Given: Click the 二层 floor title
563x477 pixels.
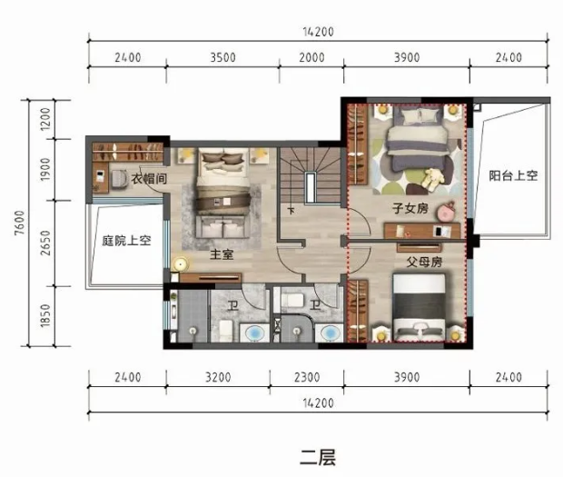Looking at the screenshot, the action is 318,458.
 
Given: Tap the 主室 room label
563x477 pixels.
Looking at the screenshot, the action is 222,254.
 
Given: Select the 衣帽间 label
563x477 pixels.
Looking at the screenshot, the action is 149,178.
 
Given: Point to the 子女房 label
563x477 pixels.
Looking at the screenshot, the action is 410,208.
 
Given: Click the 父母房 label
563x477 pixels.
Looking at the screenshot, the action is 424,262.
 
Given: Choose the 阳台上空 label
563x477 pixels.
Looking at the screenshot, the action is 513,175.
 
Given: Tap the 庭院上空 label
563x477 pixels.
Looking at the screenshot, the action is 126,240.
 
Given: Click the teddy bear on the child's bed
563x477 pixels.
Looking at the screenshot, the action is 432,178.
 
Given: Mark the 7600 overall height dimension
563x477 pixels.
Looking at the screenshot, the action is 20,224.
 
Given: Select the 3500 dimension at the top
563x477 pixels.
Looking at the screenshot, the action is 222,57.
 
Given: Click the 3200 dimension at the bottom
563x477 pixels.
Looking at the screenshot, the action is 218,377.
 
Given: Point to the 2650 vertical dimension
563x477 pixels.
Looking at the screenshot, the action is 45,243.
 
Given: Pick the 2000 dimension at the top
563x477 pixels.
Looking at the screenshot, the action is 311,57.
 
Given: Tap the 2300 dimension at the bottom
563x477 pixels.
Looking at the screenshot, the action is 307,377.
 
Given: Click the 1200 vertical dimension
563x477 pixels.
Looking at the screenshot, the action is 45,119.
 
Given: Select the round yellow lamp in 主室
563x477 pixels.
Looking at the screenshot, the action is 180,264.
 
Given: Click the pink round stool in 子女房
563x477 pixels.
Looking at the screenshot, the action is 446,213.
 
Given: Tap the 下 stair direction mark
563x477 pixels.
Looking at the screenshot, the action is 291,210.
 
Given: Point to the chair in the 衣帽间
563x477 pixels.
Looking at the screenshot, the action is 119,178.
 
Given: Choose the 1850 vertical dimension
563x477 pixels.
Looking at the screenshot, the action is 45,316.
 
